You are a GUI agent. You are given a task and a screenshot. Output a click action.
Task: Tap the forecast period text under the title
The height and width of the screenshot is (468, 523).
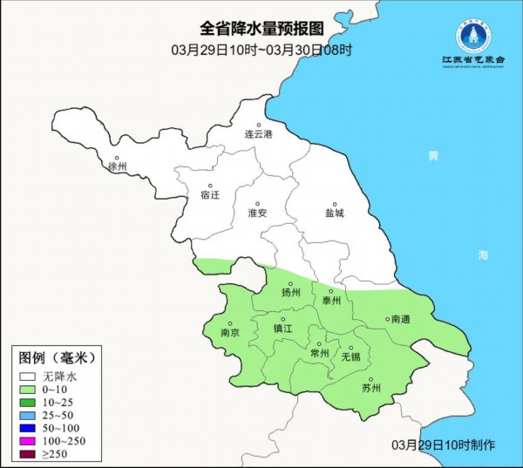coord(261,50)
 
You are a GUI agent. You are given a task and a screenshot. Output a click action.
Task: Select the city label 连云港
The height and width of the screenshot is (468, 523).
coord(258,134)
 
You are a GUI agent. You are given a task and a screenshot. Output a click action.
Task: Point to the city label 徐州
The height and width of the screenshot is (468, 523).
coord(118,166)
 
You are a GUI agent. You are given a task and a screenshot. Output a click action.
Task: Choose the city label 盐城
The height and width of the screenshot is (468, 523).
coord(335,212)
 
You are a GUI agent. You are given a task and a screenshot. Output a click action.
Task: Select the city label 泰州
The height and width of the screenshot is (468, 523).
coord(331,300)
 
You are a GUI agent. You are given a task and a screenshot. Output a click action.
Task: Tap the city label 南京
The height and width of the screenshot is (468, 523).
coord(230,332)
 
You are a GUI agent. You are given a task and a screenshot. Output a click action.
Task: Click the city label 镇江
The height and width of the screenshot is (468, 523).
coord(283,329)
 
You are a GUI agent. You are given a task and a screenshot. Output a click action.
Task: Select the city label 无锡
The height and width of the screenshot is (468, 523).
coord(350,356)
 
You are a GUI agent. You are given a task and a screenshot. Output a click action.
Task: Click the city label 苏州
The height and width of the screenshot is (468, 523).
coord(371,388)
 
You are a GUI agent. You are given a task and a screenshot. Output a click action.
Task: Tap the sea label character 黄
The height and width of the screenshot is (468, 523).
coord(433,157)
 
